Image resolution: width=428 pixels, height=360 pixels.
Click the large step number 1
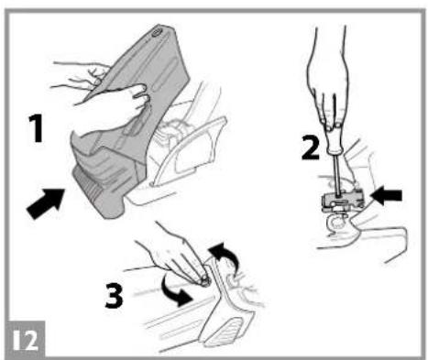coord(38,128)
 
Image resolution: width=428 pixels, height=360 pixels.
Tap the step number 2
coord(311,147)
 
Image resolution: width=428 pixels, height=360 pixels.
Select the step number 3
coord(114,295)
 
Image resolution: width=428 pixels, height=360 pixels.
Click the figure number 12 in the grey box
coord(26,340)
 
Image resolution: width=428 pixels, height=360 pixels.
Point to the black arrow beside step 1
coord(46,203)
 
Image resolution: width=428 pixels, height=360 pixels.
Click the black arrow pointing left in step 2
coord(386,195)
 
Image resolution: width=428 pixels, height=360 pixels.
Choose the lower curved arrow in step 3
coord(176,291)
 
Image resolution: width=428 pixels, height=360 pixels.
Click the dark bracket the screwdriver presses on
coord(343,199)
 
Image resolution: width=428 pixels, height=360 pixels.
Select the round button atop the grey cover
coord(157,32)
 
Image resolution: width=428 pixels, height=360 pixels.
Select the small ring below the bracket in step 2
coord(337,222)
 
